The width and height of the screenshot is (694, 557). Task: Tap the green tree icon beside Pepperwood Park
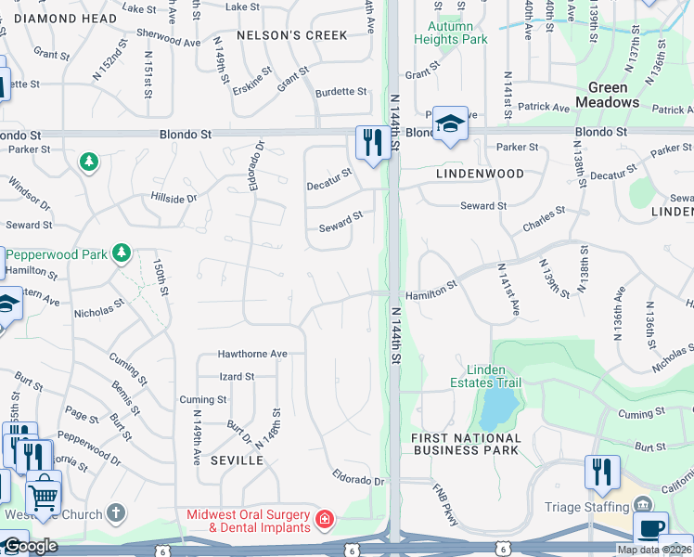(121, 253)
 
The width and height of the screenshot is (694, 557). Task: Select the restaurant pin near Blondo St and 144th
(372, 143)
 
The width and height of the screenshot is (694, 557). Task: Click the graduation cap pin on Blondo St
(449, 123)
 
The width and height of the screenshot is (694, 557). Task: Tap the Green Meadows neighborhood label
(608, 95)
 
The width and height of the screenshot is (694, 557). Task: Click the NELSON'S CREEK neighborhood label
(291, 35)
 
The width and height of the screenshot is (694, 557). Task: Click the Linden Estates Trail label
(485, 376)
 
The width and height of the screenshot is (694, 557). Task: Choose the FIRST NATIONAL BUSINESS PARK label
(467, 444)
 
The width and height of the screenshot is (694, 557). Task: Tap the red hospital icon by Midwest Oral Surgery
(325, 520)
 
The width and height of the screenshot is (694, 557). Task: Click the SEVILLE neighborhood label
(231, 460)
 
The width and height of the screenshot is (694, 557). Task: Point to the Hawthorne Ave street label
(252, 354)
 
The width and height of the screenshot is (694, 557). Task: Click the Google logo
(30, 546)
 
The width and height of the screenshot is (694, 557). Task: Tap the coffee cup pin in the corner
(650, 530)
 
